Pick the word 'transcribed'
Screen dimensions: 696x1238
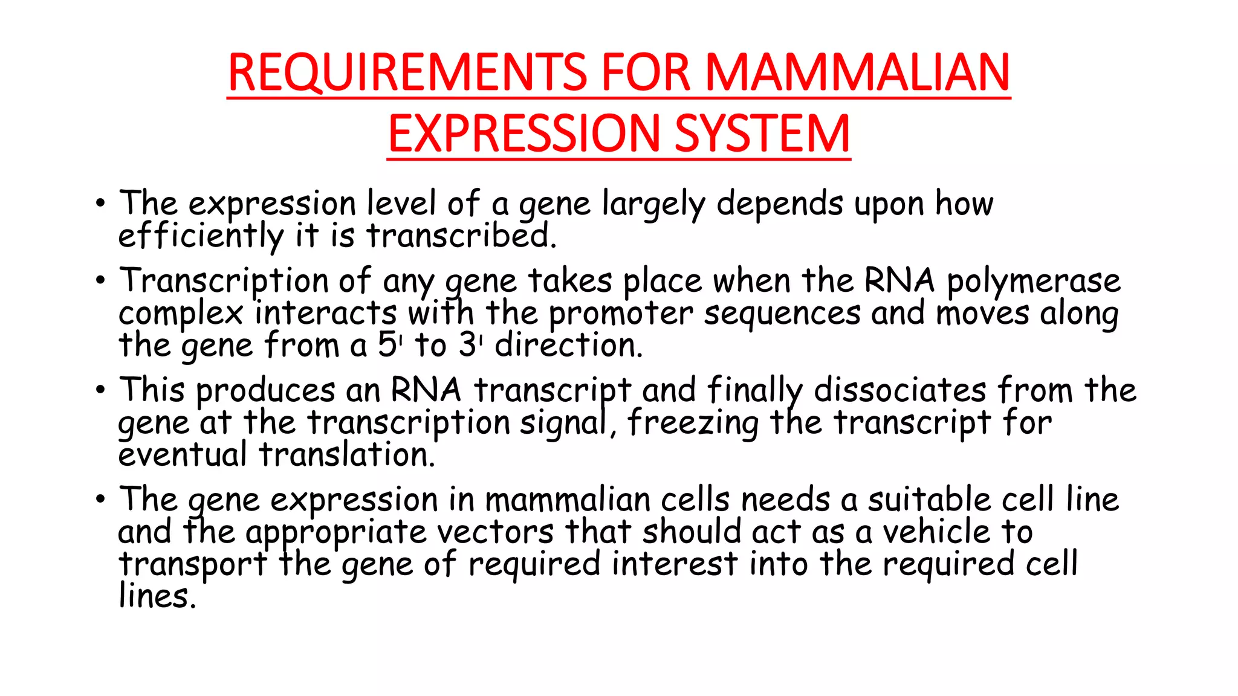click(461, 236)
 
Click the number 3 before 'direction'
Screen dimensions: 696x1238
click(467, 346)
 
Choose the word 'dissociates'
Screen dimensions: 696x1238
click(900, 390)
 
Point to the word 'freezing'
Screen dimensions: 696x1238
click(693, 423)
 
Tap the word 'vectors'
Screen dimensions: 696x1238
click(495, 532)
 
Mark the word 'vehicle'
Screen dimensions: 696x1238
click(936, 532)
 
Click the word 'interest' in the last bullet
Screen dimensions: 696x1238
click(674, 564)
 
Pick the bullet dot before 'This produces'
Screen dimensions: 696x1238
click(100, 390)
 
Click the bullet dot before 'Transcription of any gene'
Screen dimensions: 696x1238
click(100, 281)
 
